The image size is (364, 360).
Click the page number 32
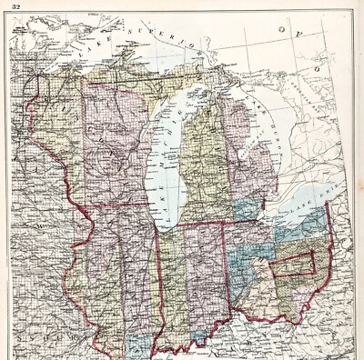pos(16,7)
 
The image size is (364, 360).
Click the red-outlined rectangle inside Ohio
pos(295,265)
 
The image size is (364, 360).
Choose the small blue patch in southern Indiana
pos(198,337)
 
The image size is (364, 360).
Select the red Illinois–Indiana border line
pos(161,282)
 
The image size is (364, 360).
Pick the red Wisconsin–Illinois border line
pos(118,205)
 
